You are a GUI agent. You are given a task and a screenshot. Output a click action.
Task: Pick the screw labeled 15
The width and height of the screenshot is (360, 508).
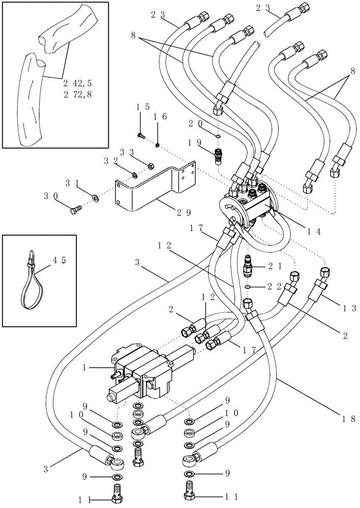point(140,136)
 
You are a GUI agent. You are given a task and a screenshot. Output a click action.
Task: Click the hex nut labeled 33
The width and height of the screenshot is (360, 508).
point(151,166)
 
